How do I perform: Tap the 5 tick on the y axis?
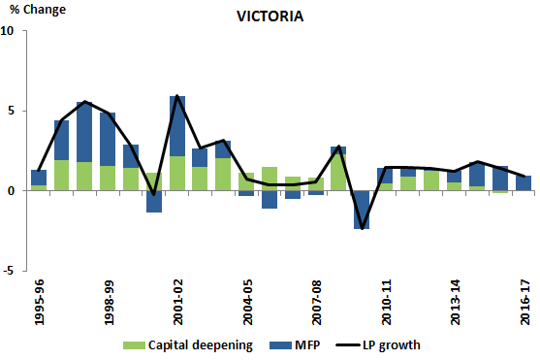(11, 111)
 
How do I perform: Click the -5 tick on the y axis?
(9, 272)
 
